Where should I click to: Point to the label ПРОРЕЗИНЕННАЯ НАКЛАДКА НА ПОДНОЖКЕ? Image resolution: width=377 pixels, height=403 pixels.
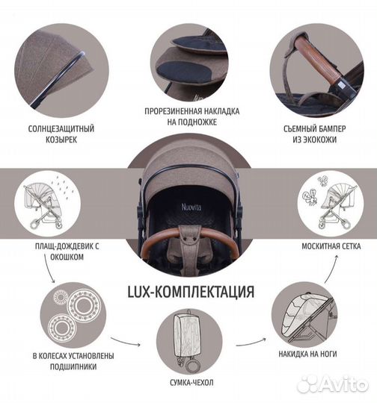tap(190, 116)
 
